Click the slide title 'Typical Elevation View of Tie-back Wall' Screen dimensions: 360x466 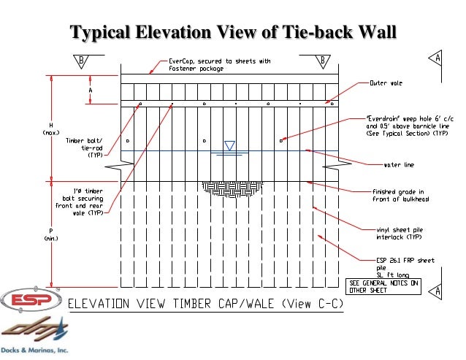[232, 32]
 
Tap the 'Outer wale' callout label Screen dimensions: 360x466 [386, 83]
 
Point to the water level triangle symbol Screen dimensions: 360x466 [228, 145]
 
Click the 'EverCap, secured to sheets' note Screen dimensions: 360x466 [219, 66]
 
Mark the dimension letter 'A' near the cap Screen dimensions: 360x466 [91, 90]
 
